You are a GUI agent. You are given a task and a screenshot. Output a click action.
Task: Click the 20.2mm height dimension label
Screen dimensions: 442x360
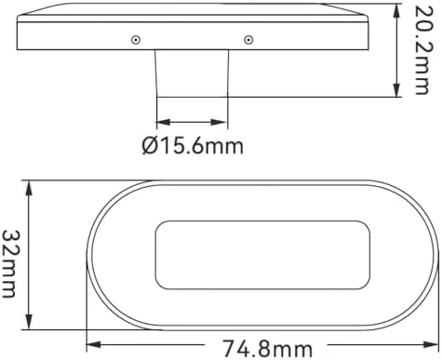[422, 50]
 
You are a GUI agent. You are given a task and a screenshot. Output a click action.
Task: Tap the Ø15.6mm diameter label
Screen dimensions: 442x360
[193, 146]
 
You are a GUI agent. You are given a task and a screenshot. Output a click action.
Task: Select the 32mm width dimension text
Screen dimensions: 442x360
[8, 263]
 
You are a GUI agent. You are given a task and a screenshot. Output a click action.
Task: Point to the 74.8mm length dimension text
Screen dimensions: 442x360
[268, 349]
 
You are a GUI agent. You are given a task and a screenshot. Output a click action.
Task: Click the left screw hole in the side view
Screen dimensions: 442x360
[136, 40]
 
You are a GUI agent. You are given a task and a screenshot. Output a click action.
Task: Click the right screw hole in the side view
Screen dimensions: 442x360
[248, 40]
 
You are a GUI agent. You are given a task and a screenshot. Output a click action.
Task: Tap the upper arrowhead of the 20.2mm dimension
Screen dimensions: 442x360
[396, 11]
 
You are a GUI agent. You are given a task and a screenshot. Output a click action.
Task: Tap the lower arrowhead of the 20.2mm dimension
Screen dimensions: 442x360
[396, 89]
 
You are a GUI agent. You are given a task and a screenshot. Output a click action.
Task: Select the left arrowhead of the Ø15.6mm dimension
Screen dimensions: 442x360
[164, 122]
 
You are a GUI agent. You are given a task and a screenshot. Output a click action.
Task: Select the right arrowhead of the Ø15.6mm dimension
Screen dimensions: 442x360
[221, 122]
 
